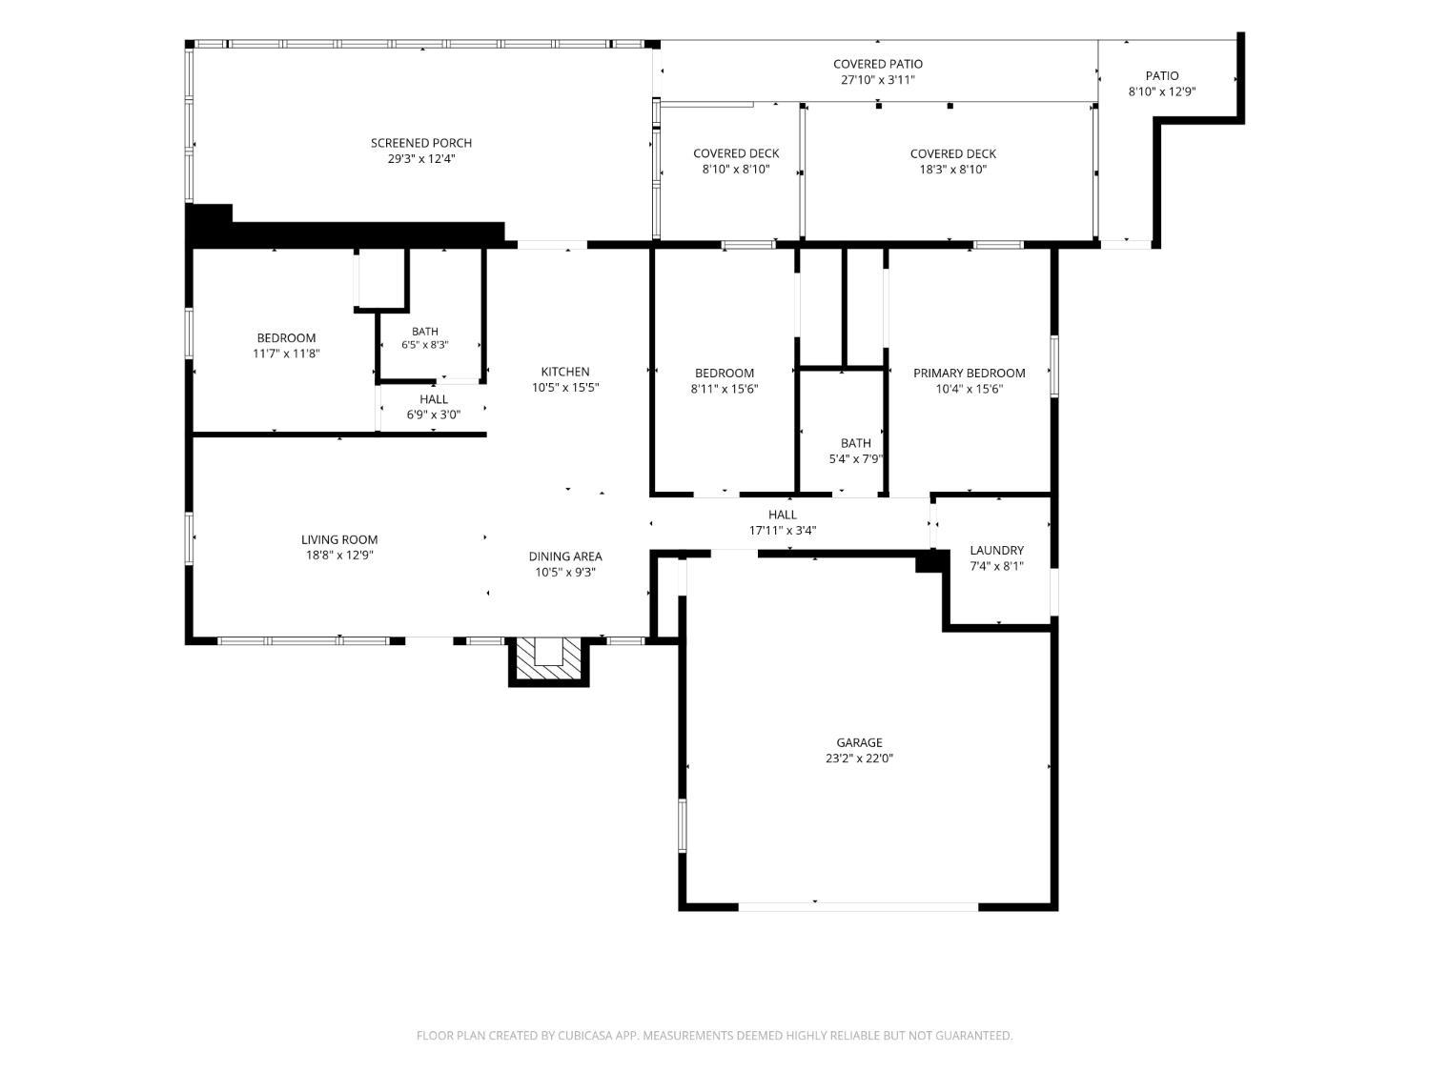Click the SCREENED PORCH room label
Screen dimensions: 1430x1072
coord(420,143)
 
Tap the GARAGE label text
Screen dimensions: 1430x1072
coord(859,742)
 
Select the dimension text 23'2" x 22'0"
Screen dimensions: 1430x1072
coord(859,758)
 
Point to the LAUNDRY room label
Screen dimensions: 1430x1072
coord(997,551)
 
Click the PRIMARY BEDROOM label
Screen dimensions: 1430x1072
coord(970,374)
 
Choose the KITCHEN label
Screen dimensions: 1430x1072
coord(564,373)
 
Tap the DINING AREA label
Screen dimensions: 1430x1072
coord(564,557)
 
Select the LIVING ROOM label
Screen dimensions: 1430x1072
coord(339,540)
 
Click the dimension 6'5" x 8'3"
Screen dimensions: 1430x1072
coord(425,345)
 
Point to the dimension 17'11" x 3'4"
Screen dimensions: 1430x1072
coord(783,531)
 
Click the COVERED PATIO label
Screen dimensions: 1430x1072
coord(878,65)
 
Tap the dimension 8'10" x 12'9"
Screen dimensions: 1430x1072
coord(1162,91)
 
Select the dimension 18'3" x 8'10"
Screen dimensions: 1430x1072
coord(953,170)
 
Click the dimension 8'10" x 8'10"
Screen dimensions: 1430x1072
coord(736,170)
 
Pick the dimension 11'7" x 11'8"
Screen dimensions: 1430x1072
coord(287,354)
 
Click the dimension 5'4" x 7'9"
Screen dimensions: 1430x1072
coord(855,459)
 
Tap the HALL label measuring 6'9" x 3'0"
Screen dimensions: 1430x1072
coord(434,399)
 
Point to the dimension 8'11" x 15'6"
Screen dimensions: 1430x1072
coord(725,389)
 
